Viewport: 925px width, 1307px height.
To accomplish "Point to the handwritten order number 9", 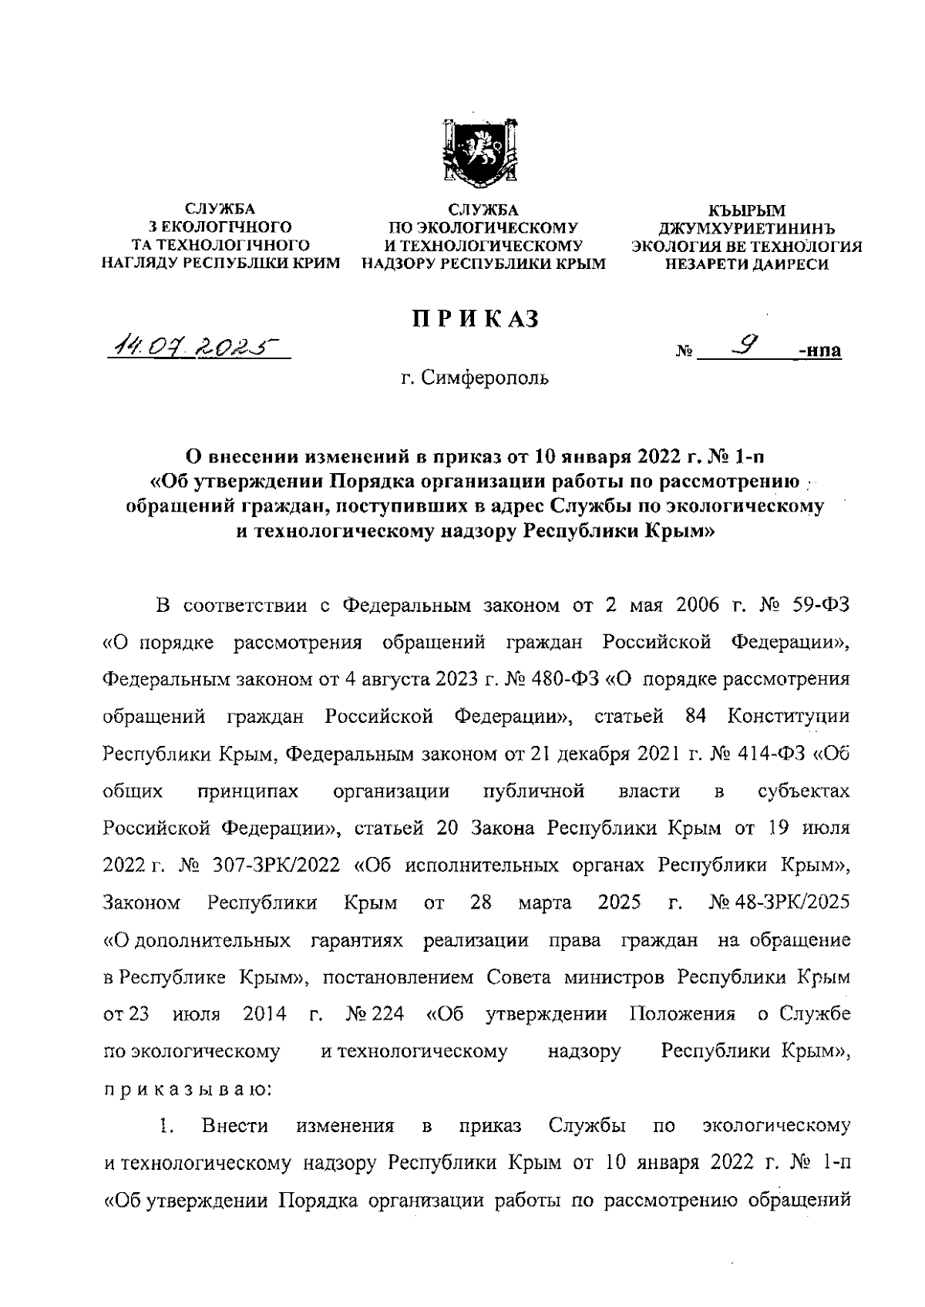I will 745,348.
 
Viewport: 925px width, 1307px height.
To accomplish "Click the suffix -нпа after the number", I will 820,352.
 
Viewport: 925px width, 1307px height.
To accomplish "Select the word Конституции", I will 788,717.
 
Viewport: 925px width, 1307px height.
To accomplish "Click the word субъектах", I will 804,791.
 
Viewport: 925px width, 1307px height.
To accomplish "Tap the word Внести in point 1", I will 235,1127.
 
